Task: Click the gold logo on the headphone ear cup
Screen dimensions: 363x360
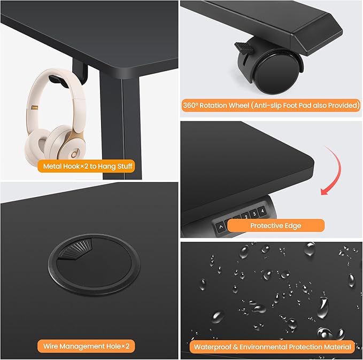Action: click(x=74, y=154)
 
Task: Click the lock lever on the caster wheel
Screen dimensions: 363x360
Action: click(x=243, y=48)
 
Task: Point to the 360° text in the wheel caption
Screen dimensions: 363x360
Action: click(x=190, y=105)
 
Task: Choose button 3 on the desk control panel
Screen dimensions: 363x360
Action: click(x=254, y=214)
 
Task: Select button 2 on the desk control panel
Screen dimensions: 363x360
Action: click(x=246, y=217)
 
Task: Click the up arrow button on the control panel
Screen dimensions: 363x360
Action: click(x=221, y=227)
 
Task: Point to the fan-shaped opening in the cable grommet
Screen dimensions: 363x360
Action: click(x=75, y=249)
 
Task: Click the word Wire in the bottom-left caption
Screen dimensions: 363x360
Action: click(x=50, y=346)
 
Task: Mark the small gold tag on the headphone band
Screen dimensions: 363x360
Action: click(x=35, y=108)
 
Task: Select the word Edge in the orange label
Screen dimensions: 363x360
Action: click(x=293, y=226)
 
